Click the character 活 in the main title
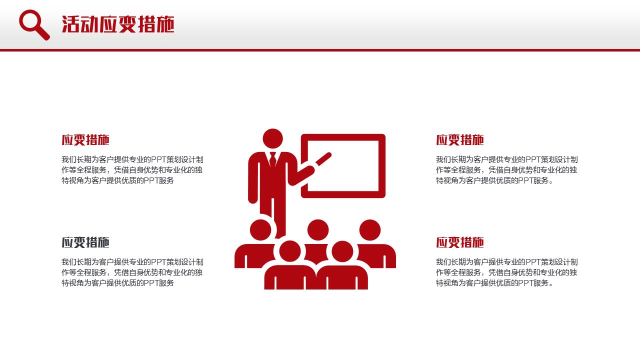point(70,24)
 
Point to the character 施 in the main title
point(164,24)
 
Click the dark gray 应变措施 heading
point(85,242)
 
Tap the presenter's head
point(272,138)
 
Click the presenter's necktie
point(272,159)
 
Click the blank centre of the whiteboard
point(343,165)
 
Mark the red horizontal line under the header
point(320,50)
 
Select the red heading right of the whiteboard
point(459,140)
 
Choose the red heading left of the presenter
point(85,140)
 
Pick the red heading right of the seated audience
point(459,242)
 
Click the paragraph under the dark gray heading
point(132,272)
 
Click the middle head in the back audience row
point(317,230)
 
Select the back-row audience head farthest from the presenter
point(369,230)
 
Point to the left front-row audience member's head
point(290,251)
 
